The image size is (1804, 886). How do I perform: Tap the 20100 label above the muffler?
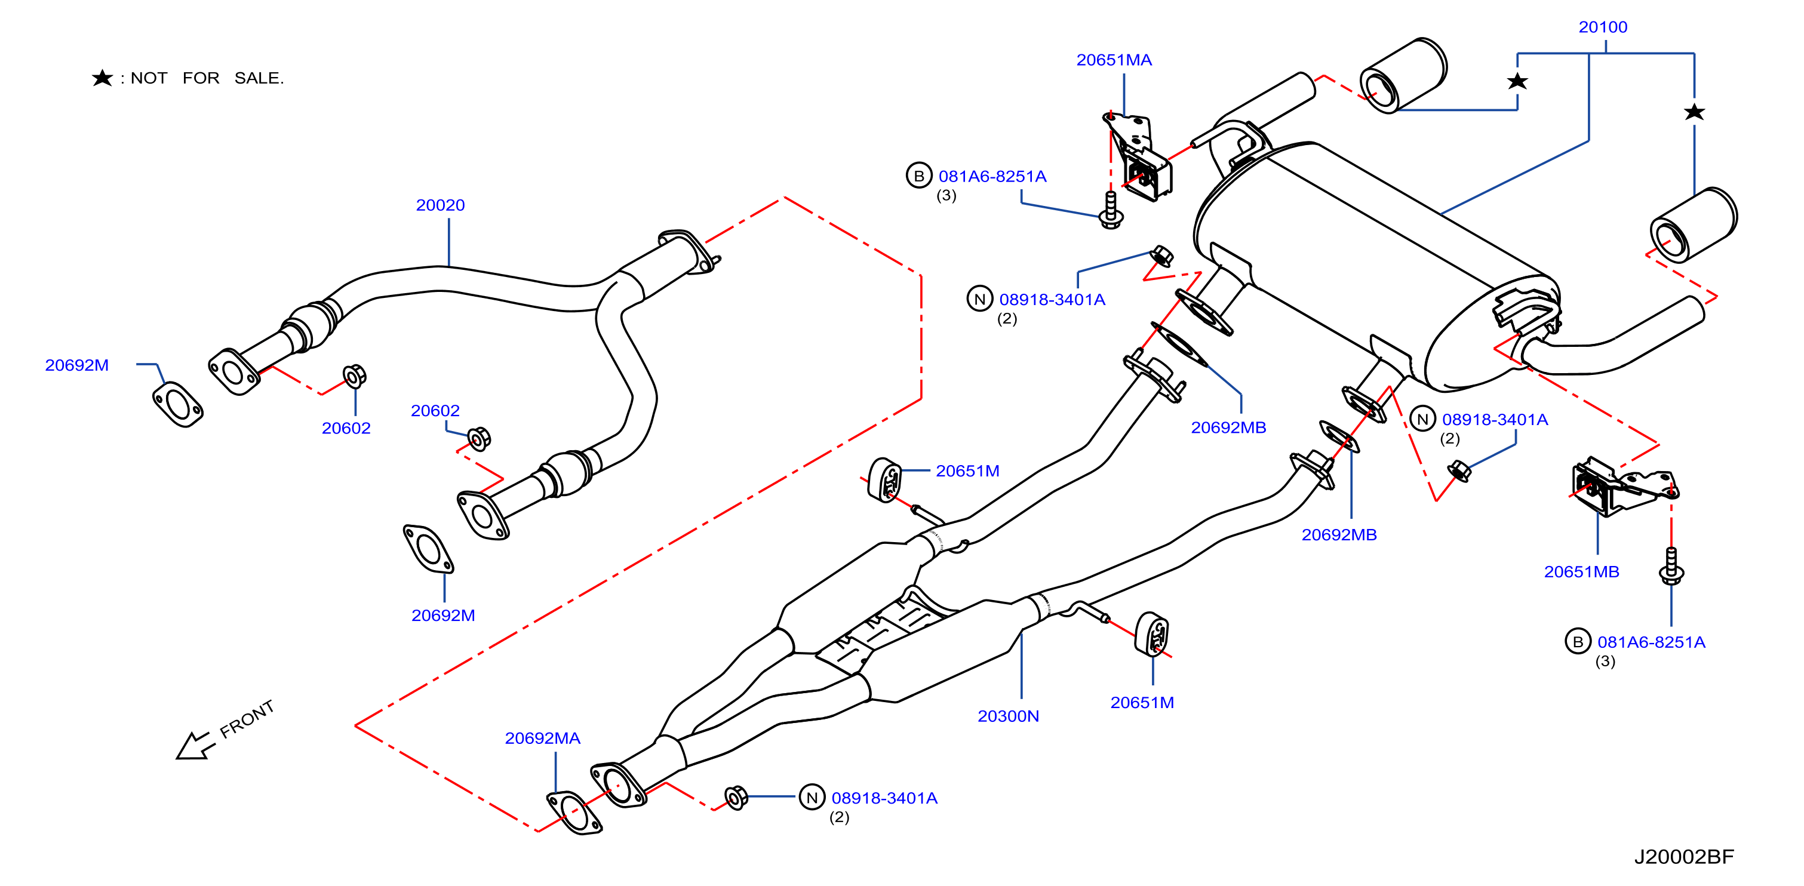tap(1602, 27)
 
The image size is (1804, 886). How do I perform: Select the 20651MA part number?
tap(1114, 60)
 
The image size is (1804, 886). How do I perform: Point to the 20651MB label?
tap(1581, 571)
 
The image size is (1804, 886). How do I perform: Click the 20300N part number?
tap(1008, 716)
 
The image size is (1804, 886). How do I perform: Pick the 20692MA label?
tap(542, 738)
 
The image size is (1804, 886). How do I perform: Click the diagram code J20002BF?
tap(1683, 857)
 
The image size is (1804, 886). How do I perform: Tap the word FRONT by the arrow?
tap(247, 719)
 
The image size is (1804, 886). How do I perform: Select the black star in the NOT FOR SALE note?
tap(102, 78)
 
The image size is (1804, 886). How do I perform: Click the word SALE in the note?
tap(259, 78)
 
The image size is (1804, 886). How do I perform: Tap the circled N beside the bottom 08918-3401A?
tap(812, 797)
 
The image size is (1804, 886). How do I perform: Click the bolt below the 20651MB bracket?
tap(1671, 567)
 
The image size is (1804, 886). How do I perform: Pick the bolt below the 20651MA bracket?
tap(1111, 210)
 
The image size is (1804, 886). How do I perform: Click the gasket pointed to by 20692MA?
tap(574, 813)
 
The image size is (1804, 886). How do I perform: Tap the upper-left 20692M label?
tap(76, 365)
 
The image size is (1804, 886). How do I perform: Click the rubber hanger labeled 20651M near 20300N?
tap(1152, 635)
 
